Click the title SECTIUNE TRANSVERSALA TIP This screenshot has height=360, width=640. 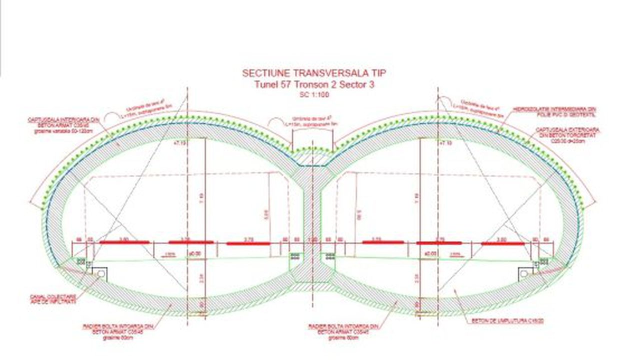314,73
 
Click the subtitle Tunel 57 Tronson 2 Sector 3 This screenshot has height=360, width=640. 314,84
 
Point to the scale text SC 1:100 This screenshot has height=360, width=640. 314,94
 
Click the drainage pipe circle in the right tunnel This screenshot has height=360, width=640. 524,273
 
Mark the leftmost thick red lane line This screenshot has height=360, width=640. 124,242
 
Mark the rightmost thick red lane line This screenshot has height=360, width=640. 503,243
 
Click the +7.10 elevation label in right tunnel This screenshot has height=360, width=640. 444,143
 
